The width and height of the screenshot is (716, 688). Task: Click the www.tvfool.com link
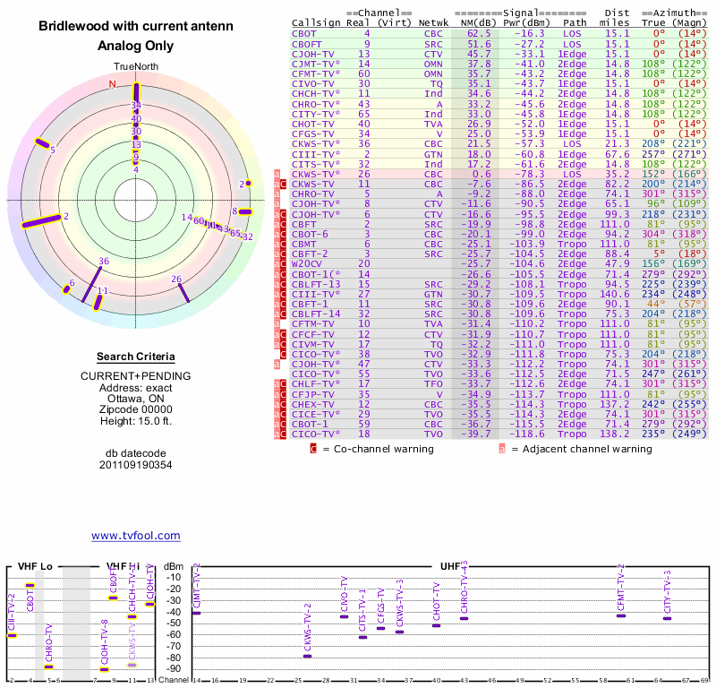(136, 536)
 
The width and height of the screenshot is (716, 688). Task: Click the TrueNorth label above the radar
(136, 67)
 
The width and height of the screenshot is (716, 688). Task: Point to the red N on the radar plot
(112, 84)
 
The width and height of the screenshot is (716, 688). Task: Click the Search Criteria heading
(136, 357)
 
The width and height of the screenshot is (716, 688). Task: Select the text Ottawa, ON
(136, 399)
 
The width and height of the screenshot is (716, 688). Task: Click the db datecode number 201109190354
(136, 465)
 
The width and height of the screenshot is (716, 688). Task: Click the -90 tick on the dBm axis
(174, 668)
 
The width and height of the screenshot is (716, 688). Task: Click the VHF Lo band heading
(34, 567)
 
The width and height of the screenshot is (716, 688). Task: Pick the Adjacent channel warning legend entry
(581, 449)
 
